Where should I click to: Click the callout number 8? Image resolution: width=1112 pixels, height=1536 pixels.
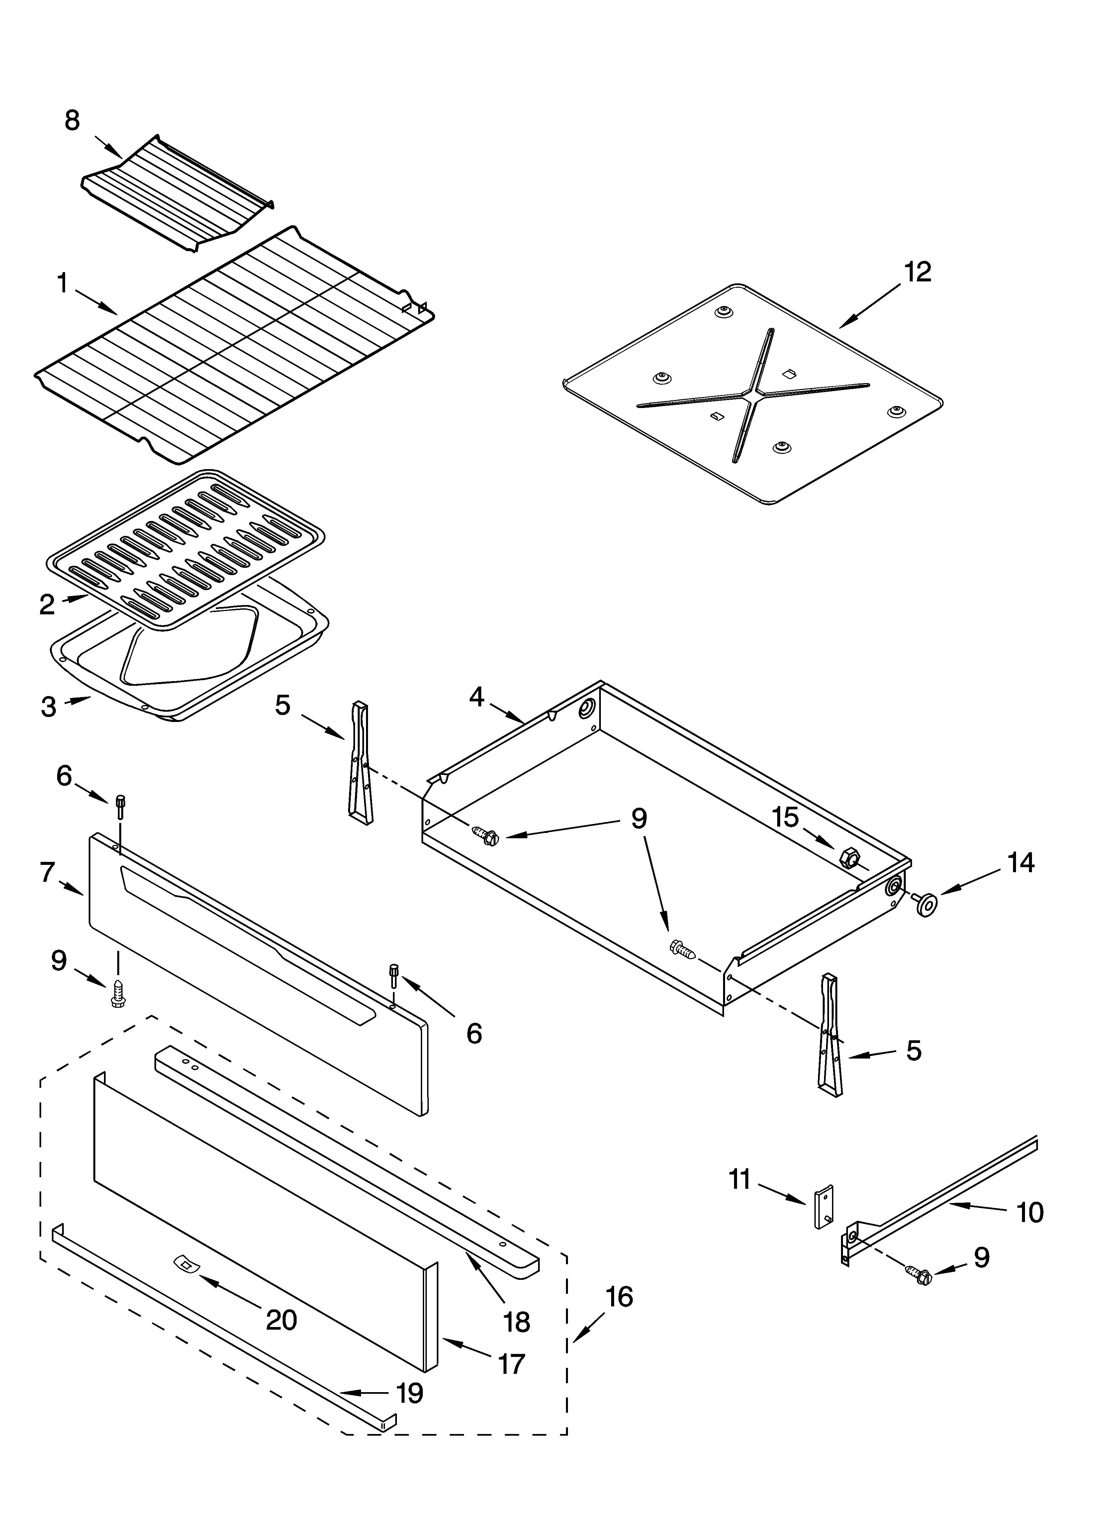[72, 121]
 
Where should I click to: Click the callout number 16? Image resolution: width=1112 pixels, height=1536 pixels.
[619, 1296]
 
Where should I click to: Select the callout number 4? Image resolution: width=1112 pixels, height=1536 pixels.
[477, 697]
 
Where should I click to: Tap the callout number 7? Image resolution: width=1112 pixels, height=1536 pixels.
[47, 872]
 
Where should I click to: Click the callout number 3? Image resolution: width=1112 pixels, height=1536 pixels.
[48, 706]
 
